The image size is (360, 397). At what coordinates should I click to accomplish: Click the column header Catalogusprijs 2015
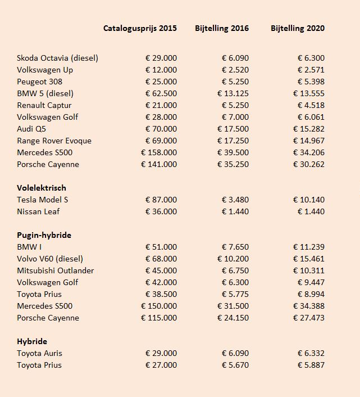coord(140,28)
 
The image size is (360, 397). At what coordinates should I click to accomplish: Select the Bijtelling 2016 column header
coord(222,28)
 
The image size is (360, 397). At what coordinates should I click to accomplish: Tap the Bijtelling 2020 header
coord(297,28)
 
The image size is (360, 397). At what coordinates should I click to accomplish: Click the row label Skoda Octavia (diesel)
coord(58,58)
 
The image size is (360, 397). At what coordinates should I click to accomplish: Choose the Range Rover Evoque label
coord(54,141)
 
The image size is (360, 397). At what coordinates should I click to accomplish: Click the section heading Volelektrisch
coord(42,188)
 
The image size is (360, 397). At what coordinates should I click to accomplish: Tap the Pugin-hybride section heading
coord(44,235)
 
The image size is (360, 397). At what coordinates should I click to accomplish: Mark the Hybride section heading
coord(32,341)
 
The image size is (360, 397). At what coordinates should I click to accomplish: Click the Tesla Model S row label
coord(43,200)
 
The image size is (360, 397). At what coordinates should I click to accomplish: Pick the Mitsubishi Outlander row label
coord(56,270)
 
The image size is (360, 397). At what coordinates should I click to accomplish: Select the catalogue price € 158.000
coord(158,152)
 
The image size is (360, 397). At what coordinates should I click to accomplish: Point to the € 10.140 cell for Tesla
coord(308,200)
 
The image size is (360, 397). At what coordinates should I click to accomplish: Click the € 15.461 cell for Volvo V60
coord(308,259)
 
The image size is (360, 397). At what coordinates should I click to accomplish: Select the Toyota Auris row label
coord(39,353)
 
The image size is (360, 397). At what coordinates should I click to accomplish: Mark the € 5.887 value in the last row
coord(311,365)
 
